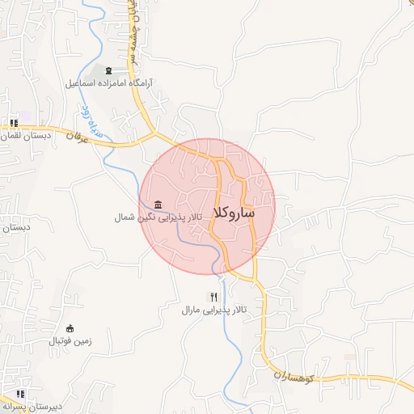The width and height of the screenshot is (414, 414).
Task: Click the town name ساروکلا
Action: [234, 213]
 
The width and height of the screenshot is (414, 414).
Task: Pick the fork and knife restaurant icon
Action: [213, 297]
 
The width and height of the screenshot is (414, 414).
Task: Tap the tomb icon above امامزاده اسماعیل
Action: [110, 71]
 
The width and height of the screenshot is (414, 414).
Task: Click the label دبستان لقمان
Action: [21, 136]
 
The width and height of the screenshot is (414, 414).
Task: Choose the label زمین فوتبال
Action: [71, 341]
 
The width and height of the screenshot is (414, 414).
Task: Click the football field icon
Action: [70, 328]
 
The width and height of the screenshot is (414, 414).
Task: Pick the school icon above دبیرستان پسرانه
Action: [20, 395]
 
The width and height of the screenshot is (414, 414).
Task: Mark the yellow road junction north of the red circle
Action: [155, 131]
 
